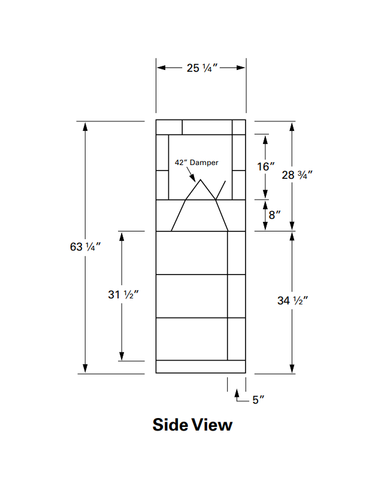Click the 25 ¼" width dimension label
[x=201, y=68]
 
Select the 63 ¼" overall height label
[x=85, y=246]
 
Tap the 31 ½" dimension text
[x=123, y=295]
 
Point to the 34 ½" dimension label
[x=292, y=301]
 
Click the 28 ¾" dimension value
[x=297, y=175]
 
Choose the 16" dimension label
[x=266, y=167]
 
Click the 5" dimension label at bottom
[x=258, y=400]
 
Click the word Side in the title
[x=171, y=425]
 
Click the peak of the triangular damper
[x=201, y=180]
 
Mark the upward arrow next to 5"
[x=237, y=393]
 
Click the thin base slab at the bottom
[x=201, y=367]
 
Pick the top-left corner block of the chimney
[x=169, y=127]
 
